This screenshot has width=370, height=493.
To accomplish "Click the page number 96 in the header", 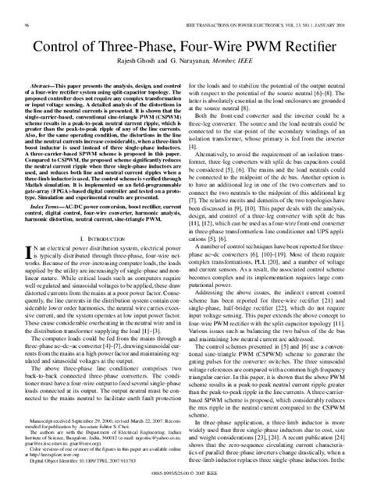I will [30, 7].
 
